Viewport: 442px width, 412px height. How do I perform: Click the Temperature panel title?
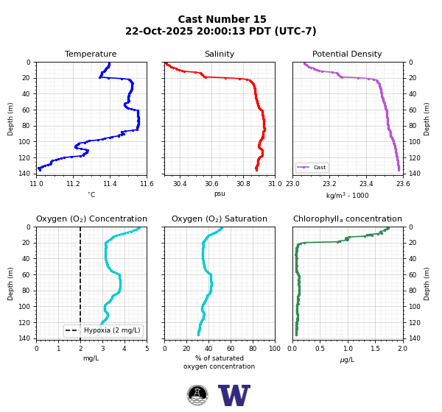coord(91,54)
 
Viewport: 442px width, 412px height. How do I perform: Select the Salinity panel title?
coord(220,54)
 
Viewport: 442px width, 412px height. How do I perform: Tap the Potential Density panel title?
coord(347,54)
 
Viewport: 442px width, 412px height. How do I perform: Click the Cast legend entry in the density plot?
coord(312,167)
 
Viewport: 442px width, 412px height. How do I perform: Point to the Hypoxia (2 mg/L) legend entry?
coord(103,330)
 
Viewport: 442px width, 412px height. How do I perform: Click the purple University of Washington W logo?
coord(234,395)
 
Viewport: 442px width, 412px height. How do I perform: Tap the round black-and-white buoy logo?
coord(197,395)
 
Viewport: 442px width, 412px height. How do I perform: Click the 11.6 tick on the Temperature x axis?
coord(147,184)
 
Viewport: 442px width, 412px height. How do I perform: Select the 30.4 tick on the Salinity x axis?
coord(180,184)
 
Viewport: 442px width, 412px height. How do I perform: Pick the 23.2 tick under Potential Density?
coord(329,184)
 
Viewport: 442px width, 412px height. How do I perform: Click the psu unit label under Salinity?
coord(220,193)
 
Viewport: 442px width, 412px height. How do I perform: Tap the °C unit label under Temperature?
coord(91,194)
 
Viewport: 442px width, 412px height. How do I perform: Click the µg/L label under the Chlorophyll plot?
coord(347,360)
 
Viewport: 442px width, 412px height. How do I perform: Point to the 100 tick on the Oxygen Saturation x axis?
coord(275,349)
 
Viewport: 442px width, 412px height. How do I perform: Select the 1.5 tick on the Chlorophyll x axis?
coord(376,349)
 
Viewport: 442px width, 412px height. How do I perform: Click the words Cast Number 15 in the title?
coord(222,19)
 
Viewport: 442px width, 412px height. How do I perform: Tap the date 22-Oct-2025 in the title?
coord(159,31)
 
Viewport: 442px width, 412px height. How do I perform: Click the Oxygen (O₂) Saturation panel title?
coord(220,219)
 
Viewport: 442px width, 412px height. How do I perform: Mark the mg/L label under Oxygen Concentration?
coord(91,358)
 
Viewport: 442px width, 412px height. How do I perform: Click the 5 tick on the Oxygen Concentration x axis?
coord(147,349)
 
